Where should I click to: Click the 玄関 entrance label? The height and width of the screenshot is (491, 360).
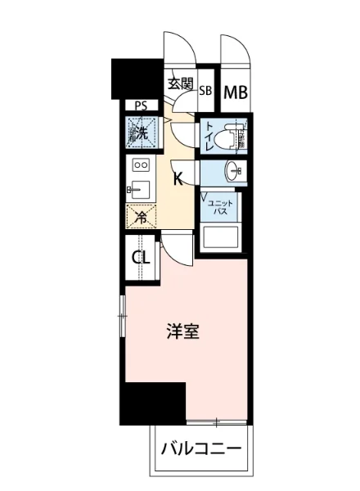click(180, 83)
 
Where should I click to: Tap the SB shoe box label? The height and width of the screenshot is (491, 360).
click(205, 92)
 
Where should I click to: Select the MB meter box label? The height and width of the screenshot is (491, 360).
click(235, 92)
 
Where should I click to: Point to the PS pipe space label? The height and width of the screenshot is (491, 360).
click(141, 106)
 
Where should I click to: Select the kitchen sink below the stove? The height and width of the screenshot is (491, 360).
click(138, 191)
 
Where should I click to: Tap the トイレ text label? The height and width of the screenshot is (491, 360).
click(210, 136)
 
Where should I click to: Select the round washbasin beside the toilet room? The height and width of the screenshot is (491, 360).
click(235, 173)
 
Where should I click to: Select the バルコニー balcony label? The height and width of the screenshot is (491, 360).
click(200, 449)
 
